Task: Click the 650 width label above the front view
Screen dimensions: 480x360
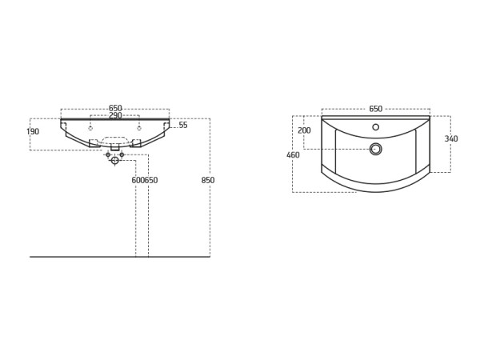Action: coord(115,108)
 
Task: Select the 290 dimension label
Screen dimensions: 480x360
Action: coord(115,115)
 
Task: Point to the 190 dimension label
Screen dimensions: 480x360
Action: coord(33,131)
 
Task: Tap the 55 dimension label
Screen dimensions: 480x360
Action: coord(183,125)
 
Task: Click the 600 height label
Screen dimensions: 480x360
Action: coord(138,180)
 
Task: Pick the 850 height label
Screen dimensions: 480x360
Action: coord(208,180)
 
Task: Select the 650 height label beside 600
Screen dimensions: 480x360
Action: coord(151,180)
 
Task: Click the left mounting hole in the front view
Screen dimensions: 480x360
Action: coord(90,128)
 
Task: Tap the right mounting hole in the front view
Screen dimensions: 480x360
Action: coord(139,128)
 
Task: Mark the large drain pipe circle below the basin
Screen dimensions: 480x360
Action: coord(114,160)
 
